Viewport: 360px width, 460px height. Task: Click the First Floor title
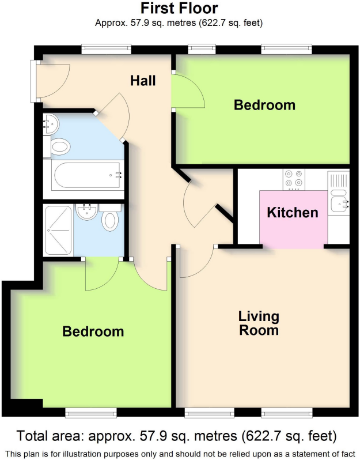click(x=180, y=8)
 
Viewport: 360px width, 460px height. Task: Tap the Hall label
click(x=143, y=81)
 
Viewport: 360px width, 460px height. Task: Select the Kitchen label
click(x=293, y=213)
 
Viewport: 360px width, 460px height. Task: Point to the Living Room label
click(x=259, y=323)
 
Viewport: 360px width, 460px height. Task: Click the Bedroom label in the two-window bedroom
click(x=264, y=105)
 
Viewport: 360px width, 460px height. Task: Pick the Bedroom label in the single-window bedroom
click(x=93, y=331)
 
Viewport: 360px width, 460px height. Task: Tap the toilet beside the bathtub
click(x=59, y=147)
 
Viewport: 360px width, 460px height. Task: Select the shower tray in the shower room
click(x=58, y=230)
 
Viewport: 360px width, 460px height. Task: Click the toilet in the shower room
click(x=111, y=219)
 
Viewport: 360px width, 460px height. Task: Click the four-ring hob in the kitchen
click(x=294, y=180)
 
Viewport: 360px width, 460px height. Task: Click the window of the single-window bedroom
click(x=90, y=412)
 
